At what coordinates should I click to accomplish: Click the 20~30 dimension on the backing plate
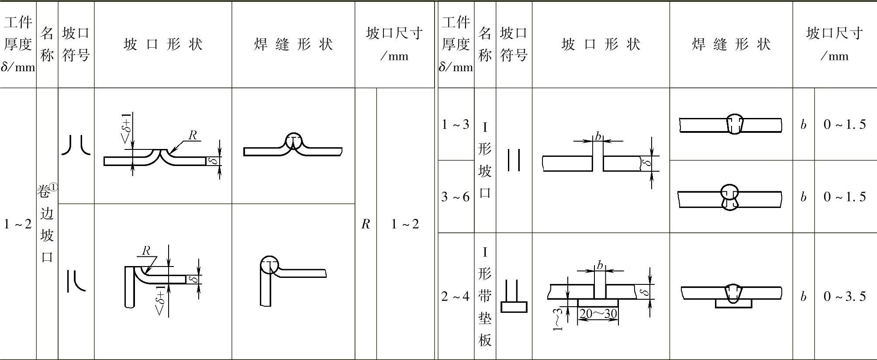click(x=598, y=314)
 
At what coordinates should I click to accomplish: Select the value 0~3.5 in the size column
click(x=844, y=296)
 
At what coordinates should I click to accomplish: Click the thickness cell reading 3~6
click(x=455, y=197)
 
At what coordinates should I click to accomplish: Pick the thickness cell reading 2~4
click(x=455, y=296)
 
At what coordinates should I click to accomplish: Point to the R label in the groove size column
click(x=366, y=224)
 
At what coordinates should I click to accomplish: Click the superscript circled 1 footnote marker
click(x=53, y=187)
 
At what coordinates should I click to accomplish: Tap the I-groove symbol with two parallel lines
click(x=514, y=160)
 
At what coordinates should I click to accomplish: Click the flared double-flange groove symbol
click(x=76, y=145)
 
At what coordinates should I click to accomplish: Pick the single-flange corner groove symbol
click(x=76, y=281)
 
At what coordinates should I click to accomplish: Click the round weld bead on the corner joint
click(x=269, y=265)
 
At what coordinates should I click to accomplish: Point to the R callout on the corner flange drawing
click(x=146, y=251)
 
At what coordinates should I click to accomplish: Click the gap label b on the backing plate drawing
click(x=600, y=265)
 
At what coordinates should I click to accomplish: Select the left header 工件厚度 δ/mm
click(x=18, y=44)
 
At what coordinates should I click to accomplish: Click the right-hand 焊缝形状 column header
click(x=731, y=44)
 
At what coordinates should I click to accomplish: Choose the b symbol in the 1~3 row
click(x=803, y=125)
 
